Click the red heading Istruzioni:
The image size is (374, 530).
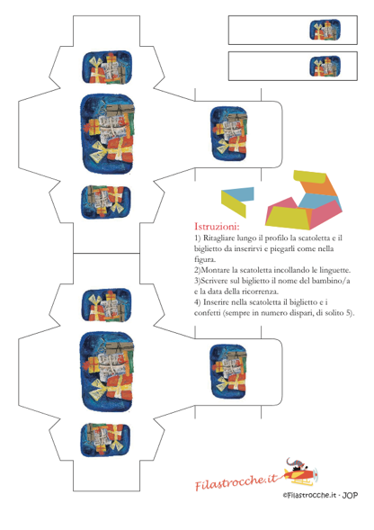pos(217,226)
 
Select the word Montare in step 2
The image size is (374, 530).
pos(216,270)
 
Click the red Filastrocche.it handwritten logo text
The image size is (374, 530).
pos(236,481)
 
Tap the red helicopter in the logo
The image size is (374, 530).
pos(299,472)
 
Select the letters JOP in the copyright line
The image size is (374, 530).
pos(350,496)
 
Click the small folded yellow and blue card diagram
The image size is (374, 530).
pos(237,202)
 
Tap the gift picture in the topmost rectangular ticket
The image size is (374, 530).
pos(325,30)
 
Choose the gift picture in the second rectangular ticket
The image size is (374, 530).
pos(325,67)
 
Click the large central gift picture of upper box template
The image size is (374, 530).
pos(108,134)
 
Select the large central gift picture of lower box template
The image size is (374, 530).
pos(108,372)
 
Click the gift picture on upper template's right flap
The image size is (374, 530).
pos(229,134)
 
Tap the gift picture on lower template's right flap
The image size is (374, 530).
pos(229,371)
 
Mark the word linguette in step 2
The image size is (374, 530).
pos(335,270)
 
